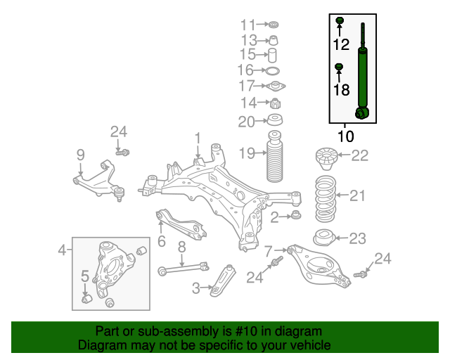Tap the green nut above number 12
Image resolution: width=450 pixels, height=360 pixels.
[340, 20]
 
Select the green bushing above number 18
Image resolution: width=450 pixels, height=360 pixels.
[339, 67]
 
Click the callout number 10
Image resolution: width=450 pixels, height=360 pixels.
[345, 136]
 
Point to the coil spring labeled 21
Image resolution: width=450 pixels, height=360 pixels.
[326, 199]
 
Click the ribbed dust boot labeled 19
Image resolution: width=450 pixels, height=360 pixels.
[275, 157]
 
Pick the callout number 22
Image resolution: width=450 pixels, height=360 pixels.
[359, 155]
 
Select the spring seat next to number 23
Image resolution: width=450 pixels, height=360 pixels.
[323, 238]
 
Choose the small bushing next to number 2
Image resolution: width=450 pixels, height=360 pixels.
[296, 214]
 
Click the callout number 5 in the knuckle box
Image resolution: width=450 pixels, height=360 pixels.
[85, 276]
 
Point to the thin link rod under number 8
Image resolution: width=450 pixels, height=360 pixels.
[184, 268]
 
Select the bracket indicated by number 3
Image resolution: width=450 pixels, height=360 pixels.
[223, 281]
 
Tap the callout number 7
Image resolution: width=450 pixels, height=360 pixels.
[268, 251]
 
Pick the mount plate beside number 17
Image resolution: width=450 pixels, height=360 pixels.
[275, 86]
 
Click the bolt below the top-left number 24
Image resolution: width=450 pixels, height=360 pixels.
[123, 153]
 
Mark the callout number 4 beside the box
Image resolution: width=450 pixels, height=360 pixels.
[62, 250]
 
